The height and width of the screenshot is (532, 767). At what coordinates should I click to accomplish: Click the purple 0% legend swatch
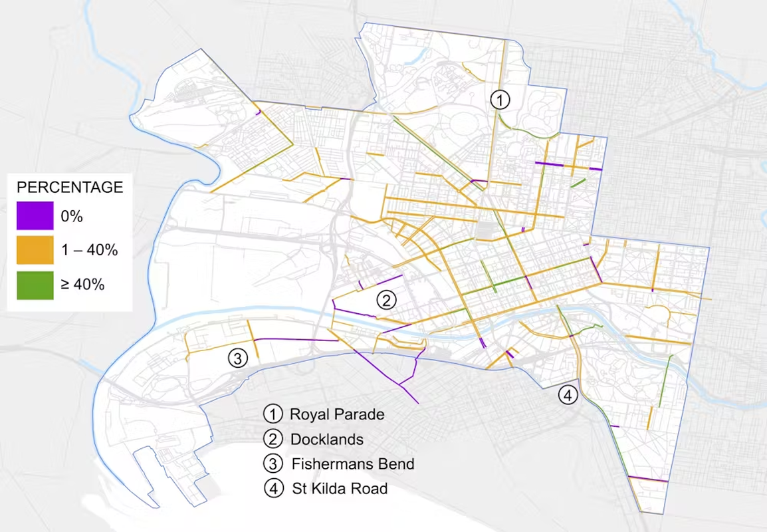pyautogui.click(x=35, y=215)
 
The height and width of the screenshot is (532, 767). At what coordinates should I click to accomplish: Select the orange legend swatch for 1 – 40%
pyautogui.click(x=35, y=250)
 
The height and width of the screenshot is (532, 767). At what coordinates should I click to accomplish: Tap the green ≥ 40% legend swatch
pyautogui.click(x=35, y=285)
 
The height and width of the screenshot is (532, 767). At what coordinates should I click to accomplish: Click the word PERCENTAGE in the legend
pyautogui.click(x=70, y=187)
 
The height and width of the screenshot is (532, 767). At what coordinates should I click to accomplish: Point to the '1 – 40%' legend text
pyautogui.click(x=90, y=250)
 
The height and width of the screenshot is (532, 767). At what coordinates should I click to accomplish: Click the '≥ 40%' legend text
pyautogui.click(x=83, y=285)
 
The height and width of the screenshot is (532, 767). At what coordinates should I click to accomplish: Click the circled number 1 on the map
pyautogui.click(x=500, y=100)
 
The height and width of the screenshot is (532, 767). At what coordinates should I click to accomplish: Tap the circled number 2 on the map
pyautogui.click(x=386, y=300)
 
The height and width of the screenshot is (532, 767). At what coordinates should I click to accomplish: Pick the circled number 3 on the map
pyautogui.click(x=237, y=358)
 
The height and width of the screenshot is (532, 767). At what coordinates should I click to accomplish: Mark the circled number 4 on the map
pyautogui.click(x=567, y=395)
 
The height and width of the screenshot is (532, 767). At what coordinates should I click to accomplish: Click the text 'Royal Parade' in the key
pyautogui.click(x=337, y=414)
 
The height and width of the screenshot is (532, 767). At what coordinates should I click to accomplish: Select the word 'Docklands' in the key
pyautogui.click(x=327, y=440)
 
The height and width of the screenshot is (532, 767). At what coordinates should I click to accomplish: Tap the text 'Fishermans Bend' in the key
pyautogui.click(x=353, y=464)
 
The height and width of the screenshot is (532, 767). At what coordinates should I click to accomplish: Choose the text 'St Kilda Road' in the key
pyautogui.click(x=340, y=489)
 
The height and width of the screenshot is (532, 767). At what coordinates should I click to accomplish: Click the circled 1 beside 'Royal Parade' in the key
pyautogui.click(x=273, y=414)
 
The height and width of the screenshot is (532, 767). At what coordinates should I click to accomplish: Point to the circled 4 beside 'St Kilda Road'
pyautogui.click(x=273, y=489)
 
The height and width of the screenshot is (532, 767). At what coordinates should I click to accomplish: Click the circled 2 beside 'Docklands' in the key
pyautogui.click(x=273, y=440)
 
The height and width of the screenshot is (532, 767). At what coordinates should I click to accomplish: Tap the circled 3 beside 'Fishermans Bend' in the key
pyautogui.click(x=273, y=464)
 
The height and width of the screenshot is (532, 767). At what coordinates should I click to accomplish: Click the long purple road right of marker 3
pyautogui.click(x=296, y=340)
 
